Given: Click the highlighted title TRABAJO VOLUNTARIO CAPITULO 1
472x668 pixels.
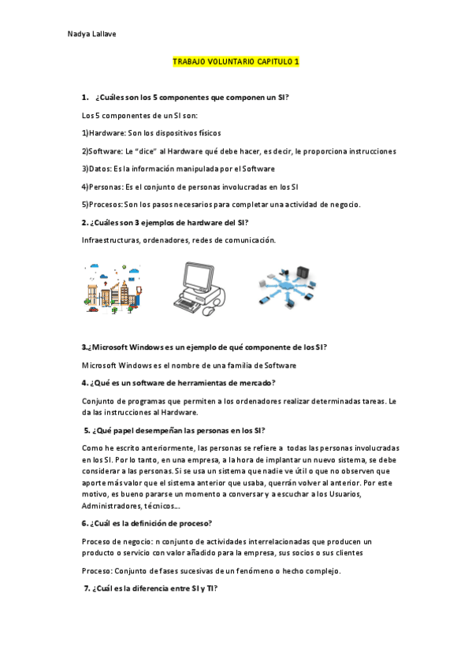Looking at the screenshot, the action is tap(236, 61).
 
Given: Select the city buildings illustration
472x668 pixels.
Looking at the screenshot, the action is tap(112, 288).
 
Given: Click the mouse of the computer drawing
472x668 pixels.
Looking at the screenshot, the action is tap(208, 311).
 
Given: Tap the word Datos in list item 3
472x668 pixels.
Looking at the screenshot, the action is tap(100, 169).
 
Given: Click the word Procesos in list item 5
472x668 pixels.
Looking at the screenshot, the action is tap(106, 205).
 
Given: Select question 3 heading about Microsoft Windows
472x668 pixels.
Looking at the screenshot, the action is tap(205, 347).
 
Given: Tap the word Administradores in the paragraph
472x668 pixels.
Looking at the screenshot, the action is tap(110, 506).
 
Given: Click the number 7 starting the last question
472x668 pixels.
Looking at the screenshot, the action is tap(87, 588).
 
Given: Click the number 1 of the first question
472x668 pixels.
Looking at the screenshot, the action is tap(84, 97).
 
